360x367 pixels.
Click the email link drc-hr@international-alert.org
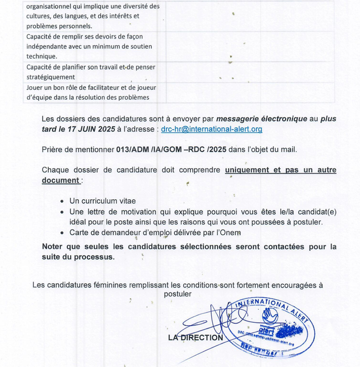pos(212,129)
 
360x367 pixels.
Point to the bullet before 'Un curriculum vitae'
pos(62,201)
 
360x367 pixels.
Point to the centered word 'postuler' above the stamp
pos(178,294)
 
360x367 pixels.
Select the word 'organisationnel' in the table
pos(50,7)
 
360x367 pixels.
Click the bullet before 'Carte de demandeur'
pos(62,233)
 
